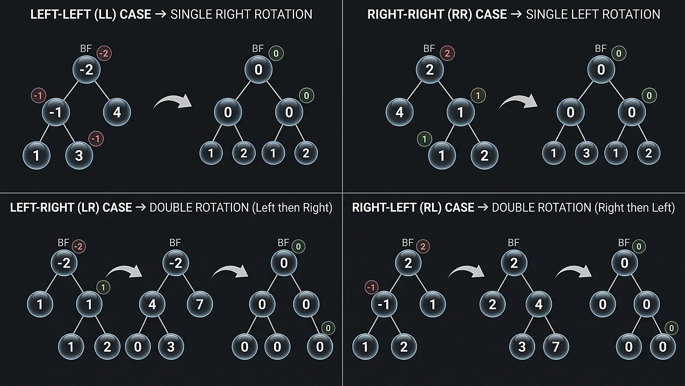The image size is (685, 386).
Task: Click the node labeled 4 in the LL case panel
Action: [x=117, y=112]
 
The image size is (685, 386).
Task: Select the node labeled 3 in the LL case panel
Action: [x=79, y=155]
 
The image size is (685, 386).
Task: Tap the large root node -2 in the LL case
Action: [x=86, y=69]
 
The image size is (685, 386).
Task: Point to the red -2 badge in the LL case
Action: [x=104, y=53]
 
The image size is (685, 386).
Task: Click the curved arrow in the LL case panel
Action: [x=173, y=101]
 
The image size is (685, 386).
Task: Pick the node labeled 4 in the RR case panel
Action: [x=399, y=112]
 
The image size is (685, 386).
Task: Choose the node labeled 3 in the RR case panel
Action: [x=586, y=153]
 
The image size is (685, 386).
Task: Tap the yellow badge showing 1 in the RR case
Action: [x=478, y=96]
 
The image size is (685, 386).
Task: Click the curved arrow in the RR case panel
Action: [x=518, y=101]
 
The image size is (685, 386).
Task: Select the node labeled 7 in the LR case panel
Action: [x=200, y=304]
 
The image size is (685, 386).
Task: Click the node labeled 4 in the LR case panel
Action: [x=152, y=304]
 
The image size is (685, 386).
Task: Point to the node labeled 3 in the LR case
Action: [x=171, y=347]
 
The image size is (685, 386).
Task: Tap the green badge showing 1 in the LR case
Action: [x=103, y=287]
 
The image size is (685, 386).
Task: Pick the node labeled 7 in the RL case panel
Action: [x=556, y=347]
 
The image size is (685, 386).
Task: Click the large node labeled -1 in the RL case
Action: [x=384, y=304]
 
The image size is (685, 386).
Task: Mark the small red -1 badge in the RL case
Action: [x=371, y=287]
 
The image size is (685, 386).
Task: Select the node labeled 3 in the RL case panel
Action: [x=522, y=347]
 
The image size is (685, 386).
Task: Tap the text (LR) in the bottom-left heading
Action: [x=88, y=208]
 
